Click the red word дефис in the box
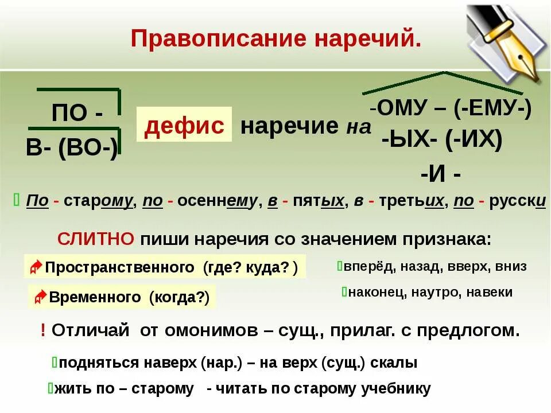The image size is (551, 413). (184, 124)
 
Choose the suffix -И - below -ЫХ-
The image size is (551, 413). (440, 173)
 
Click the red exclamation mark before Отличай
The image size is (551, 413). (43, 330)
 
